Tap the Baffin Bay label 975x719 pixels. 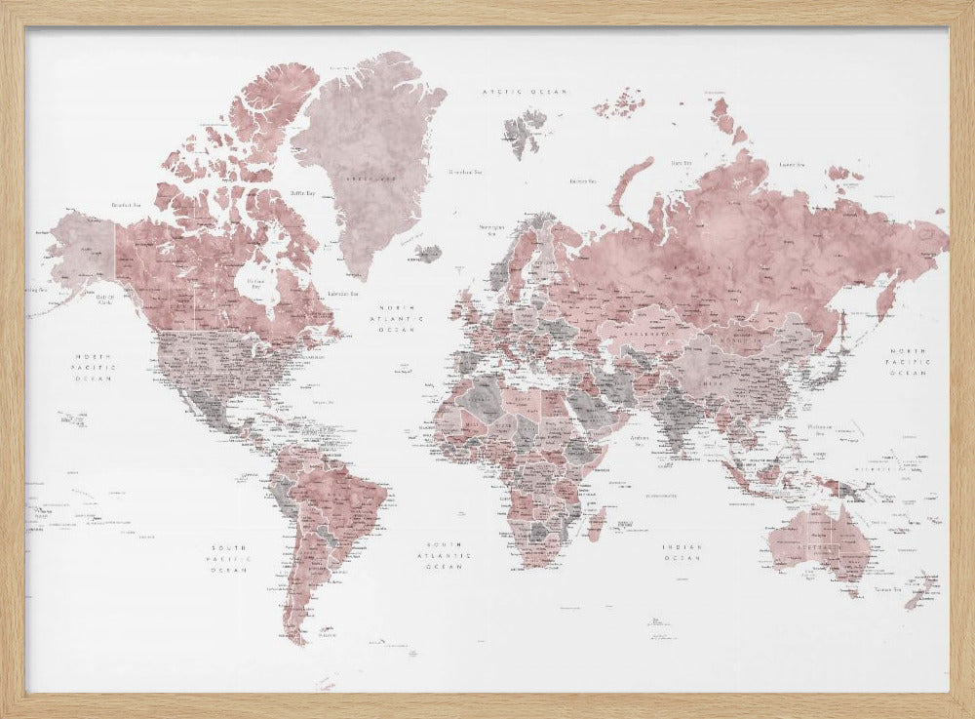[x=303, y=193]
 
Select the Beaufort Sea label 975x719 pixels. [x=128, y=205]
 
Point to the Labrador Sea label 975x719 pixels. [x=340, y=293]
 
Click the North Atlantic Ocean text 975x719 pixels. [x=403, y=319]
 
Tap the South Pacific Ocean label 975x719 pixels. [x=229, y=559]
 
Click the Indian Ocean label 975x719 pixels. [x=682, y=552]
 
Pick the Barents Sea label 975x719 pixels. [x=583, y=180]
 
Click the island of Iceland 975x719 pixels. [x=427, y=253]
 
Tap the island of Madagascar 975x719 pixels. [x=596, y=524]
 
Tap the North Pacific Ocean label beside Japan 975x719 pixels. [x=908, y=361]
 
